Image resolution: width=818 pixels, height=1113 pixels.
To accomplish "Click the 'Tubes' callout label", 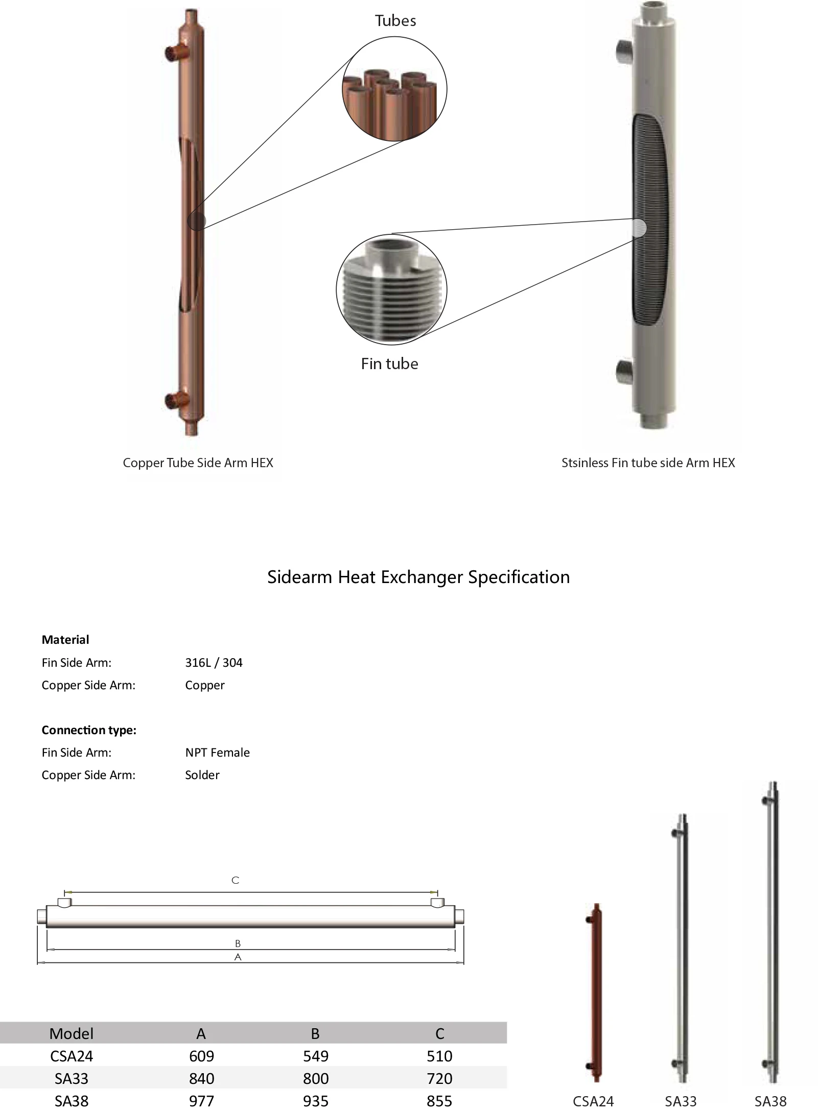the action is [395, 21].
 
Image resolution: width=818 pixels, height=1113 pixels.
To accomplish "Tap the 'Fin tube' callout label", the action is [389, 364].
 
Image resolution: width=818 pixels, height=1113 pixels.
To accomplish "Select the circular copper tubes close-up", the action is [394, 89].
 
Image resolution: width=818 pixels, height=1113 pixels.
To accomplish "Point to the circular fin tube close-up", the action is [391, 290].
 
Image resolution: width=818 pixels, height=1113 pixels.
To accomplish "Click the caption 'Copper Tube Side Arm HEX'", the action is [198, 463].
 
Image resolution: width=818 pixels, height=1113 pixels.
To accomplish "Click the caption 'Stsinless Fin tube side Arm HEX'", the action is [648, 463].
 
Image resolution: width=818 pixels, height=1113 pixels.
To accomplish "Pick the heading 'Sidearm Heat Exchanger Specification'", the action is [418, 577].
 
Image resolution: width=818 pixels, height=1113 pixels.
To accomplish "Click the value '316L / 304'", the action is [214, 663].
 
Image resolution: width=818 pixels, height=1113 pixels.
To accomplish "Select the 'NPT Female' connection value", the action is [217, 753].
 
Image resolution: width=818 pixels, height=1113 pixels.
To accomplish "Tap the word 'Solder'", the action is [202, 775].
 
